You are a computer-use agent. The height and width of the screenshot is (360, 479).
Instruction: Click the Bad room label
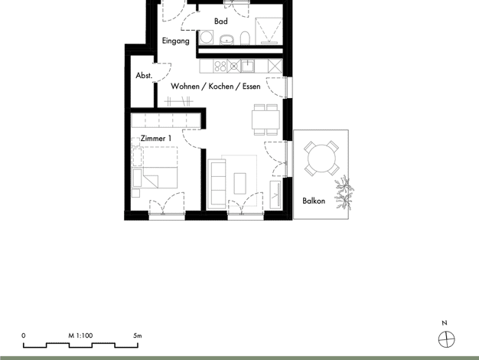221,21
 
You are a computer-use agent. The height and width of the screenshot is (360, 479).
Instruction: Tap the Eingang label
175,41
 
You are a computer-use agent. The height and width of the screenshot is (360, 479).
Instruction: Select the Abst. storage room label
144,75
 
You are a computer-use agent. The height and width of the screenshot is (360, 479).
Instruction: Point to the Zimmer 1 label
156,138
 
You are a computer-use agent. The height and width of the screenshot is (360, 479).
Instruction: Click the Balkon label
314,201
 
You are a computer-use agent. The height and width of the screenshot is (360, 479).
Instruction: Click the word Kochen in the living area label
221,87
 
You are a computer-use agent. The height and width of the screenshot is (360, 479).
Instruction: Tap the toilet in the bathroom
245,38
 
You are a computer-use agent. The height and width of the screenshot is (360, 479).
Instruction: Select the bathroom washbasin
226,40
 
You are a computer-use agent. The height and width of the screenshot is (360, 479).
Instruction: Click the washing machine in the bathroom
207,38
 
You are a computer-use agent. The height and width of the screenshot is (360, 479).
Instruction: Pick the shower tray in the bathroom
269,31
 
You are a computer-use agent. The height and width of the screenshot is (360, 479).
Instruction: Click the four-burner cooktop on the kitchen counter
220,66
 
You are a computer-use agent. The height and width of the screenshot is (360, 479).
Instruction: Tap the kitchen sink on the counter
248,66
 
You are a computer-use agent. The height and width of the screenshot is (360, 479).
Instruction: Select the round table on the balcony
321,159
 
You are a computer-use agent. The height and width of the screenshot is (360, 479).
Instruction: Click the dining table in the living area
266,119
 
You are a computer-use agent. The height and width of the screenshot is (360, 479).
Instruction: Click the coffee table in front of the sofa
239,184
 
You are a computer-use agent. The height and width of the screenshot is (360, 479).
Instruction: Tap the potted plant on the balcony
344,193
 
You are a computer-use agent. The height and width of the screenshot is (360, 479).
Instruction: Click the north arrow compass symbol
446,339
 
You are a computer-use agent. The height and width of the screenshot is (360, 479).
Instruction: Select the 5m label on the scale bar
138,335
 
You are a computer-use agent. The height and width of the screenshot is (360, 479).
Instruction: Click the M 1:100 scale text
80,335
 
